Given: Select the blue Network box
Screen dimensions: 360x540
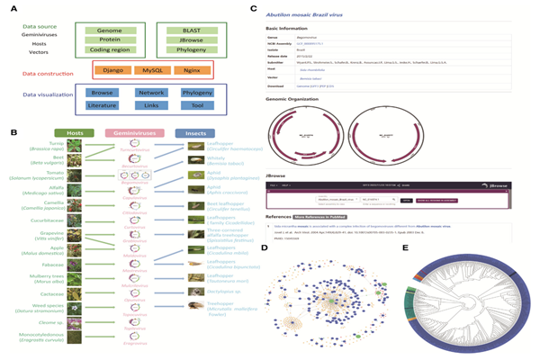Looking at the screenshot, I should click(x=150, y=93).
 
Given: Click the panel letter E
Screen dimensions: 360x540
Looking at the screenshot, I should click(x=407, y=247).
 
